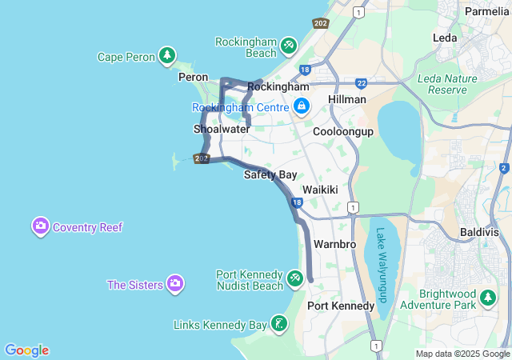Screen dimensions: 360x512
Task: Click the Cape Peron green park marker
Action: tap(166, 56)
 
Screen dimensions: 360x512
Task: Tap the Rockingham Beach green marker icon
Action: tap(289, 46)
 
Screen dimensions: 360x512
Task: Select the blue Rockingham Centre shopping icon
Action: tap(302, 106)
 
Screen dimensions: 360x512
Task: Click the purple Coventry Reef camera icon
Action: tap(41, 226)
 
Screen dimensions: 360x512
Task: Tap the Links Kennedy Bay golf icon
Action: tap(278, 324)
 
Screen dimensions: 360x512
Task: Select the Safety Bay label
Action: tap(270, 174)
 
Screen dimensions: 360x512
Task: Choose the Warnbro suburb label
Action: tap(334, 243)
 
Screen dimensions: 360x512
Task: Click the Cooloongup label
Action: tap(343, 131)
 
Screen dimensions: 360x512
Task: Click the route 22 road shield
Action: tap(362, 82)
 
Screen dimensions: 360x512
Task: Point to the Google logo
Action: tap(26, 350)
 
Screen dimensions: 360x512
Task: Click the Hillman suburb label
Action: tap(347, 99)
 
